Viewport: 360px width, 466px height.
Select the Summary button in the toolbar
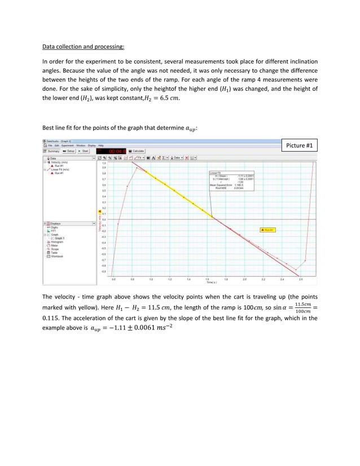tap(52, 151)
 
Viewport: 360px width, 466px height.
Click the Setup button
tap(70, 151)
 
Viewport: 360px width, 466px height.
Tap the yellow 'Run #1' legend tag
tap(266, 230)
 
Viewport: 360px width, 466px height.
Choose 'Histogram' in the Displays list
tap(56, 241)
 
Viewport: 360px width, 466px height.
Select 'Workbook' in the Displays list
tap(56, 257)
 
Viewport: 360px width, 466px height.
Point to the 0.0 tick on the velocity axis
tap(104, 219)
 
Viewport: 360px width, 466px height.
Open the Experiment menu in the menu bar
tap(69, 145)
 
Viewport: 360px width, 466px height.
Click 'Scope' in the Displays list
tap(55, 249)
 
